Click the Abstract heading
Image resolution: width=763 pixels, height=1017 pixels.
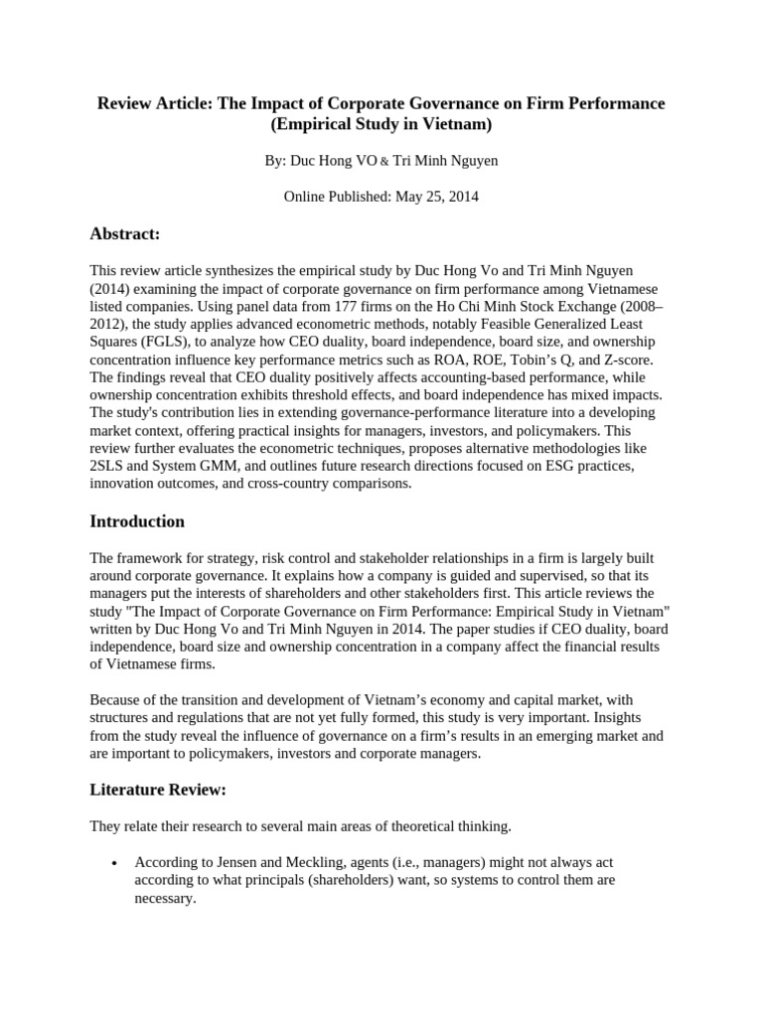125,233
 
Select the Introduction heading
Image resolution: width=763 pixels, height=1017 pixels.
137,521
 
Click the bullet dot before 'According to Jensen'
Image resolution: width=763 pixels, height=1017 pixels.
117,836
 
